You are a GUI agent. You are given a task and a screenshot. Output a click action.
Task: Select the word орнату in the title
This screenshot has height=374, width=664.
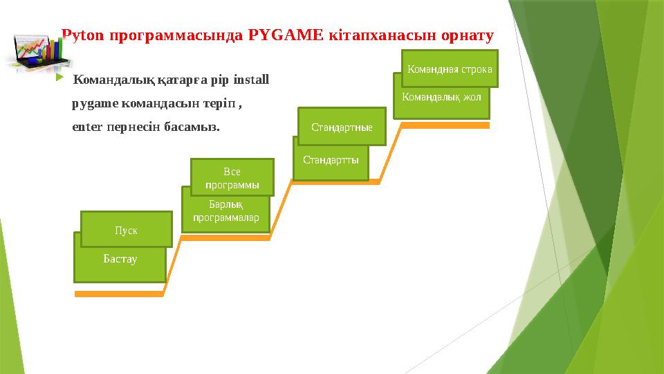468,35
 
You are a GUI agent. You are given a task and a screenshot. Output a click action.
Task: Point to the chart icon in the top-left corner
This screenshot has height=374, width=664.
33,51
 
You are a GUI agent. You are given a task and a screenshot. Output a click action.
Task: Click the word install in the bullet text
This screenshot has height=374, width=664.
251,80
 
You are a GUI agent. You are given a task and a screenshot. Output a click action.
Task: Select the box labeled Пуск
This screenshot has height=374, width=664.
126,229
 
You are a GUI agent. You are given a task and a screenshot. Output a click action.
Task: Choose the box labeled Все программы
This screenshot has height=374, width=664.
232,177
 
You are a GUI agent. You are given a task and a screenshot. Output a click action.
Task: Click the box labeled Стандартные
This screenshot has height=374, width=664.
342,127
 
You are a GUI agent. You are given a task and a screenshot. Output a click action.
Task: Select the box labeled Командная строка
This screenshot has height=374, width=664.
450,69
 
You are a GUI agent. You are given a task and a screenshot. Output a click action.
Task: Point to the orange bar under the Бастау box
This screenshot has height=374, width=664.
119,294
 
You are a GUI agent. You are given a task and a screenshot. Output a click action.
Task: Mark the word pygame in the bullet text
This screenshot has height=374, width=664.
95,104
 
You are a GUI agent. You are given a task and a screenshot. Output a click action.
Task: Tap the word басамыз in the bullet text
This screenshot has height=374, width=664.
193,127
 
